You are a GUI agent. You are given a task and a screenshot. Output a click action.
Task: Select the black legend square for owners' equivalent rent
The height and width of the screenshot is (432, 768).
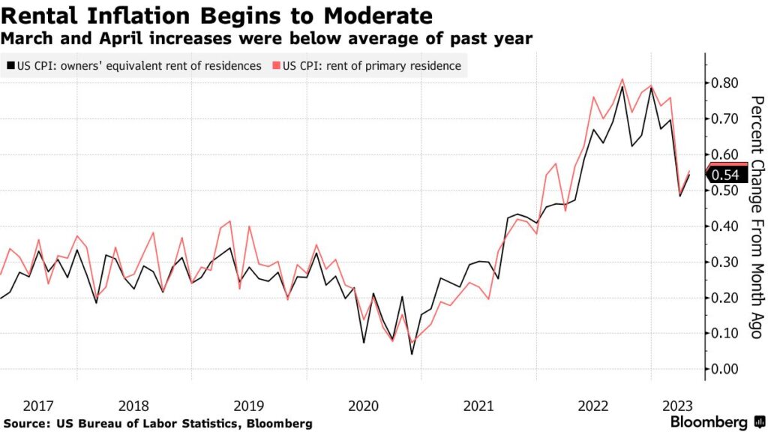[x=8, y=66]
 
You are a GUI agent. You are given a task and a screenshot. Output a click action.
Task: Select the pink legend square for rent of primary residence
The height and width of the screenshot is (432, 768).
[x=277, y=66]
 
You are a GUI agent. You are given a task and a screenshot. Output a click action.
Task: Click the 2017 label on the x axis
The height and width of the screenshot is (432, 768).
[x=37, y=406]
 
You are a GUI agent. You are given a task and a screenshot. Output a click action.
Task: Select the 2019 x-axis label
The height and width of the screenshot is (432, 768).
[x=249, y=406]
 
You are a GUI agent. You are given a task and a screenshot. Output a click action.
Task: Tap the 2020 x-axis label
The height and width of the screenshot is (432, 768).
[x=364, y=406]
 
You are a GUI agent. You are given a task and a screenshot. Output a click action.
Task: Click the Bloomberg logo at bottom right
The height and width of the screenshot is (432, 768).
[x=709, y=421]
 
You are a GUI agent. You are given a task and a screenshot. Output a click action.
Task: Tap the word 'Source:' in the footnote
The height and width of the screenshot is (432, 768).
[x=26, y=424]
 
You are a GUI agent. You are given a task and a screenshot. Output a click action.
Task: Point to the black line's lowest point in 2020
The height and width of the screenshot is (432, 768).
[x=411, y=353]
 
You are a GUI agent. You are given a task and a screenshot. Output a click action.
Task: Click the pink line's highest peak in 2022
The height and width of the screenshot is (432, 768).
[x=622, y=79]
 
